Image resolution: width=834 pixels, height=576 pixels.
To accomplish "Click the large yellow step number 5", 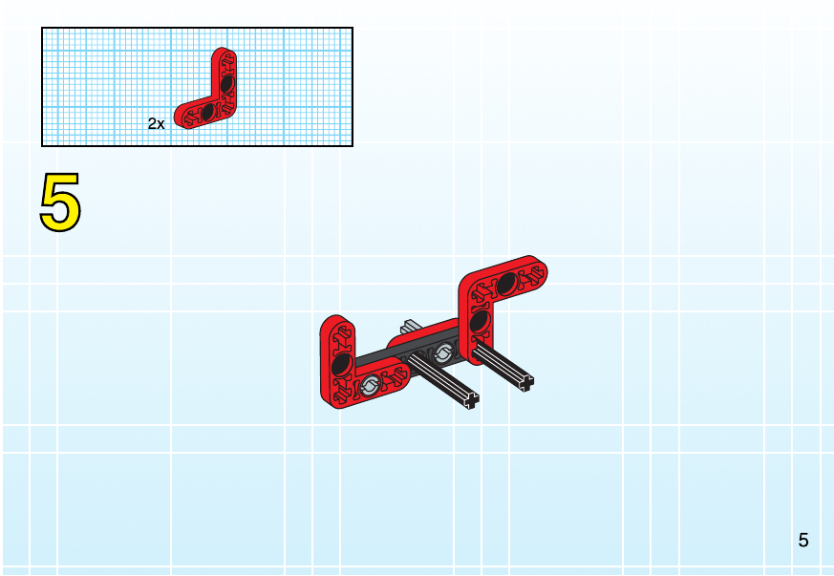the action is pyautogui.click(x=60, y=203).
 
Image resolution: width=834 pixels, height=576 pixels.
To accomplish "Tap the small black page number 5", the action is pyautogui.click(x=803, y=541).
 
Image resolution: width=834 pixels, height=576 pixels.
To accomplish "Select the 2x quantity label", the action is pyautogui.click(x=157, y=124).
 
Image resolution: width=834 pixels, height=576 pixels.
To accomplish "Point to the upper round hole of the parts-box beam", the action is pyautogui.click(x=227, y=84).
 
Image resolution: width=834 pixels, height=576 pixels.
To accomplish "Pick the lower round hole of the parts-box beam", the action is pyautogui.click(x=208, y=112).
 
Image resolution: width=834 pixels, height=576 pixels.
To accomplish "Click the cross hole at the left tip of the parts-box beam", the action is pyautogui.click(x=189, y=117).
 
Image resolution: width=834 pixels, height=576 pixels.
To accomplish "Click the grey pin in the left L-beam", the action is pyautogui.click(x=370, y=386).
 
